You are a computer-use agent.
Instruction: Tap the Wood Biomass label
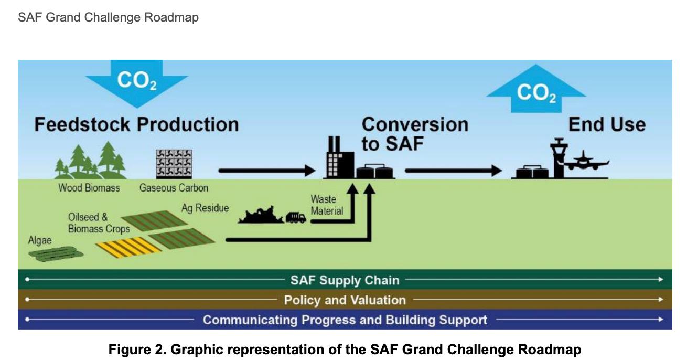pos(89,188)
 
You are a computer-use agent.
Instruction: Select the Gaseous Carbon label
pos(174,188)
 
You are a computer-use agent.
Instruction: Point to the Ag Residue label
pos(205,208)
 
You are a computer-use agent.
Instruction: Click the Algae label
pos(40,240)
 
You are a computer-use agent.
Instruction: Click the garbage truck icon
pos(296,217)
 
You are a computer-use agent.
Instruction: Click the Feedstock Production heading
pos(136,124)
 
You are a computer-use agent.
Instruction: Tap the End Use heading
pos(607,124)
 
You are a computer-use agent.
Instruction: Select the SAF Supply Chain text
pos(345,280)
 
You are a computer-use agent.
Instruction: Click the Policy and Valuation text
pos(345,300)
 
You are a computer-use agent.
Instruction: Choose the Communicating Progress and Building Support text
pos(345,320)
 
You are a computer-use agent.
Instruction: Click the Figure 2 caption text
pos(345,349)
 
